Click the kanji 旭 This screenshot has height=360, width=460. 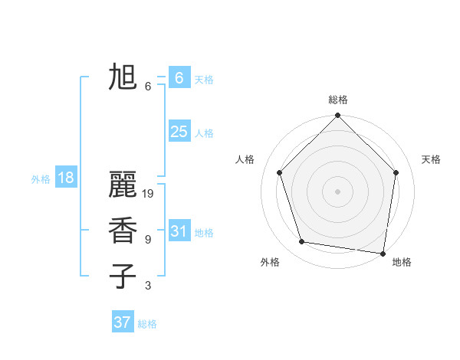click(x=123, y=77)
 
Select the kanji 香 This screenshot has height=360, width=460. click(x=123, y=231)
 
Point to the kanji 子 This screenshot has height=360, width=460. click(x=123, y=277)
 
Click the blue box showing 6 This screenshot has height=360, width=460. click(x=179, y=77)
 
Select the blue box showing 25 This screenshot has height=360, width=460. click(x=179, y=132)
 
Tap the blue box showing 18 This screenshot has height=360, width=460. click(x=66, y=178)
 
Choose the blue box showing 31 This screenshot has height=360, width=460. click(x=179, y=231)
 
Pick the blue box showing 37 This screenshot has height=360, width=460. click(x=122, y=322)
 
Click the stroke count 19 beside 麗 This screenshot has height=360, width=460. click(x=148, y=194)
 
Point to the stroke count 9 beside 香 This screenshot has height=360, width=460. click(x=148, y=240)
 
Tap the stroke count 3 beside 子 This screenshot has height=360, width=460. click(x=148, y=286)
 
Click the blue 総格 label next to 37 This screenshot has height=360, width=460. click(x=147, y=324)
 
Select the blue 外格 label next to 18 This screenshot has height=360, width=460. click(x=41, y=179)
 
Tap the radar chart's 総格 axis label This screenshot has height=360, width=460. click(x=337, y=100)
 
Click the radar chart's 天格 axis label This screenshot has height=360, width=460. click(x=431, y=159)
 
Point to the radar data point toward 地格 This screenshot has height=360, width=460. click(x=383, y=253)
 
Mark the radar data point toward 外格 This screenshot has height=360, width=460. click(x=302, y=242)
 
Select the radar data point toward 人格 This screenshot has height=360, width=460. click(x=279, y=172)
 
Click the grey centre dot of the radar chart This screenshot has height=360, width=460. click(x=337, y=191)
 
